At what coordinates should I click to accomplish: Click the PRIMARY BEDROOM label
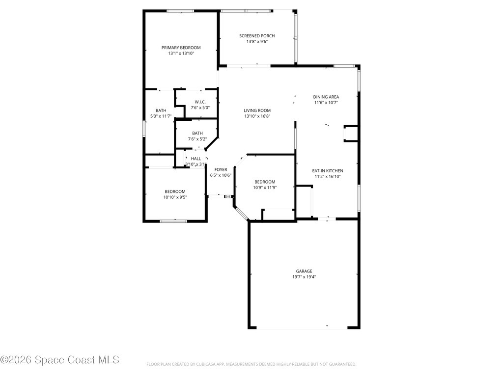181,48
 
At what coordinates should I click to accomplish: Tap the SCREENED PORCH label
257,36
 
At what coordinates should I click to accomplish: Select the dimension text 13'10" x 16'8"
257,116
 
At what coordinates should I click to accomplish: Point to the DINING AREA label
326,97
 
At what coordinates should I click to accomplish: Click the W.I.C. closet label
200,102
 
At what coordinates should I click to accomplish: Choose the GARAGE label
304,271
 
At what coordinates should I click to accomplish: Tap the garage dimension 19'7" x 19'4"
304,277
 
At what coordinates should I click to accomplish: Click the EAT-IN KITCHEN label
328,171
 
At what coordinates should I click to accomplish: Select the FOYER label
221,169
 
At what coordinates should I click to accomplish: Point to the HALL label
196,159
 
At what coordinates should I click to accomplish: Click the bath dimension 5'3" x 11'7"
161,116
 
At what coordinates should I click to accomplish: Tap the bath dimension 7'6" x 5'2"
197,139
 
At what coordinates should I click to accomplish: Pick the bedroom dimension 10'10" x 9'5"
175,197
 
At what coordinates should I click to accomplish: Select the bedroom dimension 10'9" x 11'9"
264,187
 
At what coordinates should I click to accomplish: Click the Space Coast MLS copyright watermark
59,360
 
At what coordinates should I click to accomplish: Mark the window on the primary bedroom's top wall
181,11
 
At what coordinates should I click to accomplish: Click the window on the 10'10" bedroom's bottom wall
173,221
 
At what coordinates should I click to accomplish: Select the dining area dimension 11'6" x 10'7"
326,103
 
